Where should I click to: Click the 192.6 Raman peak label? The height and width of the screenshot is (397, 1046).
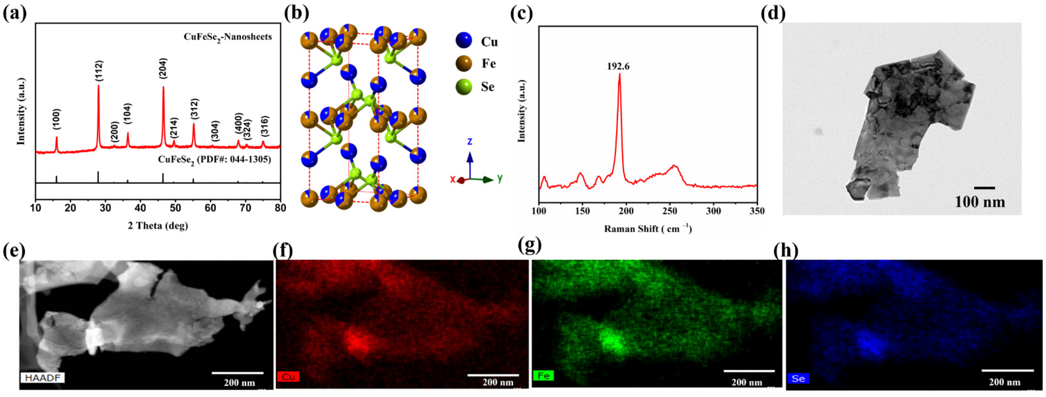pos(618,66)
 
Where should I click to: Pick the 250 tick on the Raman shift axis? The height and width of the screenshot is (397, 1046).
pos(670,211)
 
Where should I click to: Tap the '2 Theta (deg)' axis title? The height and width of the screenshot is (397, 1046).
pos(158,226)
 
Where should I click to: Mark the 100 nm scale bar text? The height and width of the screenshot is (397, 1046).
pos(980,202)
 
